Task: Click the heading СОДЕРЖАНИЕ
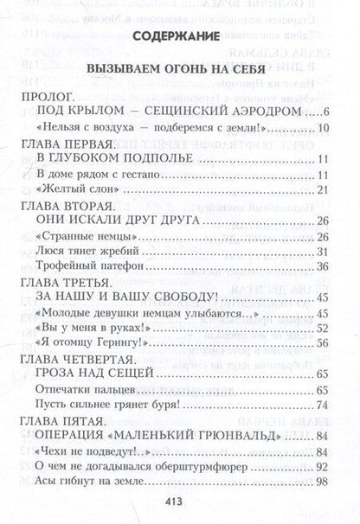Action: [181, 37]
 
